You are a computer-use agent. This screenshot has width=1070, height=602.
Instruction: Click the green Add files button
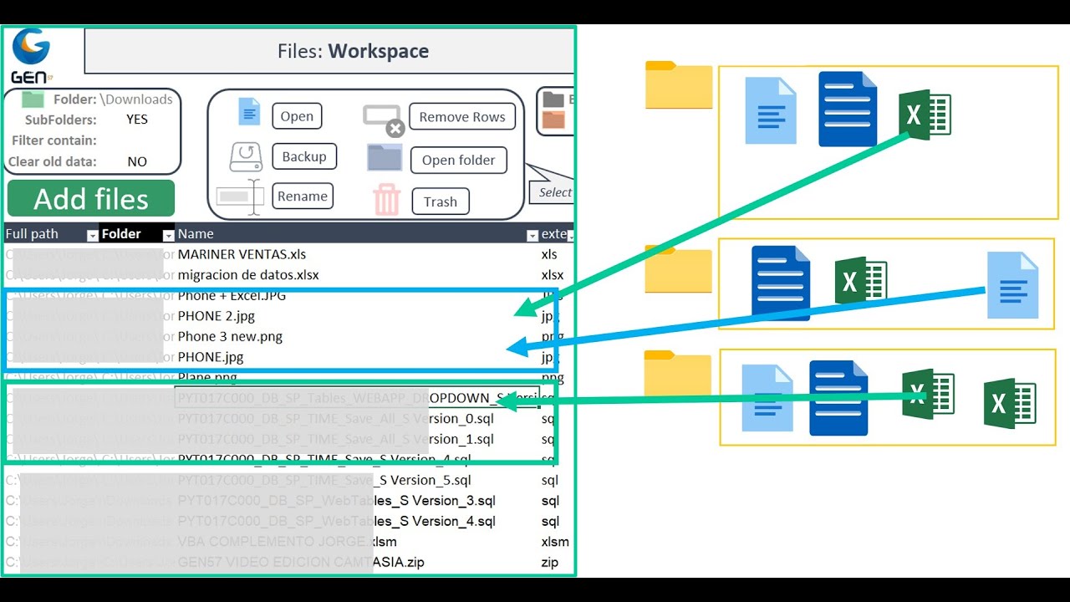[x=91, y=199]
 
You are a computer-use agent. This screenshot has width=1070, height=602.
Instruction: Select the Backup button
[x=303, y=156]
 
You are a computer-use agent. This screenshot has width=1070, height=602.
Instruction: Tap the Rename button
[x=302, y=196]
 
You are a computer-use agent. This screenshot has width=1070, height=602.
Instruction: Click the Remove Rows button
[x=461, y=117]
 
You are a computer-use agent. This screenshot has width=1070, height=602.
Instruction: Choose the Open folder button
[x=458, y=161]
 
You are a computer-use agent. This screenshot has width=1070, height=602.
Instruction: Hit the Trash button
[x=440, y=202]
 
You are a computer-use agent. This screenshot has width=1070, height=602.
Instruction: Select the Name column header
[x=196, y=234]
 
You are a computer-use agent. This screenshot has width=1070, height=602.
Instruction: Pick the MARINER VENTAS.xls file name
[x=242, y=254]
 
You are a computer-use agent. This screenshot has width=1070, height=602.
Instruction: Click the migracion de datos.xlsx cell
[x=248, y=275]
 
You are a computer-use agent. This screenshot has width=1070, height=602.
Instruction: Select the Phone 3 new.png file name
[x=230, y=336]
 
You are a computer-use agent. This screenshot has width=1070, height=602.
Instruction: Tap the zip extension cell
[x=549, y=562]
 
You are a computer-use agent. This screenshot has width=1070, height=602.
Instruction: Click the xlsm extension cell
[x=554, y=542]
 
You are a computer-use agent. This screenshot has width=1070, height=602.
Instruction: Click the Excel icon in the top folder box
[x=925, y=115]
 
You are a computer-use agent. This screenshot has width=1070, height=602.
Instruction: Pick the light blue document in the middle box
[x=1012, y=286]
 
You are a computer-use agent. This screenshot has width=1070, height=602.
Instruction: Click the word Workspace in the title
[x=378, y=51]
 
